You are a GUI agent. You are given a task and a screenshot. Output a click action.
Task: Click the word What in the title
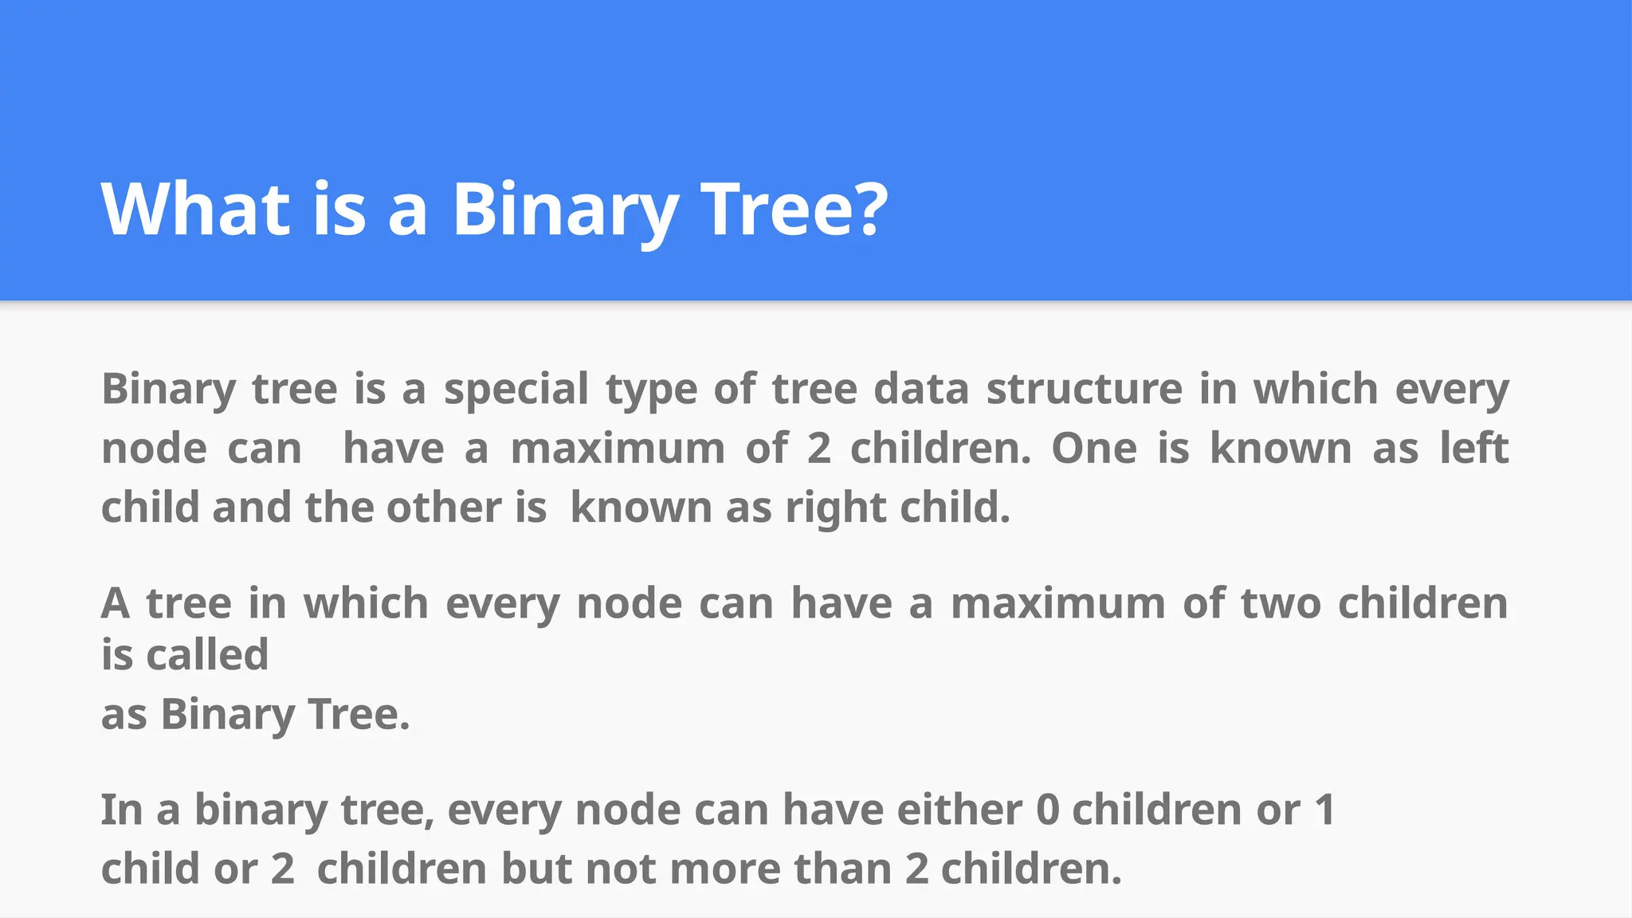coord(195,209)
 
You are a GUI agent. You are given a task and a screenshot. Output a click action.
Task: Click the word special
coord(516,390)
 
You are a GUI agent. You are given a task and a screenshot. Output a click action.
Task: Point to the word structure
coord(1085,390)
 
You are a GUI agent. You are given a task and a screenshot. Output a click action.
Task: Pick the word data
coord(921,390)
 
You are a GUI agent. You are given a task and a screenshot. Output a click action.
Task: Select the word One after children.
coord(1094,449)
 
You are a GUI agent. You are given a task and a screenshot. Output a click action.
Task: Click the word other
coord(443,508)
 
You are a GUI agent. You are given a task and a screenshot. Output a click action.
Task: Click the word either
coord(959,810)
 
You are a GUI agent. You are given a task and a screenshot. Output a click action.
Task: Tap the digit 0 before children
coord(1048,810)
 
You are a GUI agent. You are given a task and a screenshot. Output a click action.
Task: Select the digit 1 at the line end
coord(1324,810)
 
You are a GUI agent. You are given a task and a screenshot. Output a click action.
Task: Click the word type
coord(650,390)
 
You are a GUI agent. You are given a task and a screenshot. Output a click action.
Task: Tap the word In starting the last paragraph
coord(121,810)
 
